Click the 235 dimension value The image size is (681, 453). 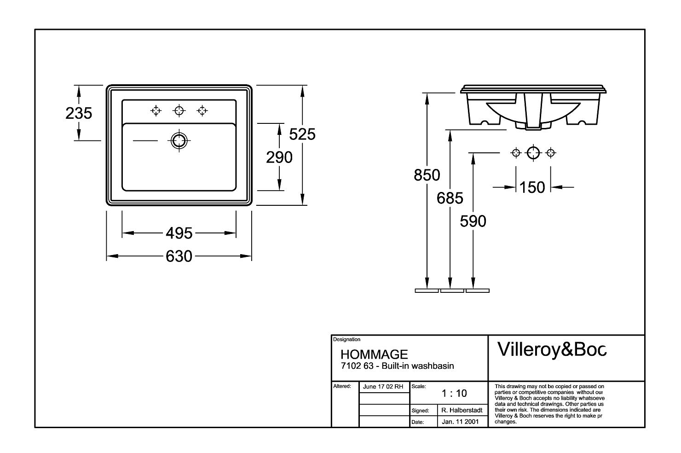click(79, 113)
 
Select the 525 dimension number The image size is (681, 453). click(302, 134)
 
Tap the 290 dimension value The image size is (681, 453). click(279, 157)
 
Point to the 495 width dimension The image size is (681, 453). click(179, 233)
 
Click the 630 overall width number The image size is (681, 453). click(179, 256)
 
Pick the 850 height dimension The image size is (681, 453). click(427, 175)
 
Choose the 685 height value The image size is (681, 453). click(450, 198)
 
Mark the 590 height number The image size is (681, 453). click(473, 221)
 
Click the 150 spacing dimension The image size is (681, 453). click(532, 187)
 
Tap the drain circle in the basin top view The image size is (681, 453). click(179, 140)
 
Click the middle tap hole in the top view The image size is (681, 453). click(179, 110)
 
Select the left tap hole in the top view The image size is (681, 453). click(156, 110)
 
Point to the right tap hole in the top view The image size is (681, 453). click(202, 110)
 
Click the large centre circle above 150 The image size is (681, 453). click(533, 152)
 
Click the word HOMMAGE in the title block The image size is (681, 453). click(374, 354)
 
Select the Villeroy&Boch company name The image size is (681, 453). click(552, 350)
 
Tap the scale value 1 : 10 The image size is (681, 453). click(454, 393)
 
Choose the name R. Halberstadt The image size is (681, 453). click(462, 410)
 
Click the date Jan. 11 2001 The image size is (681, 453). click(460, 421)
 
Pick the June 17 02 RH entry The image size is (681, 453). click(383, 387)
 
